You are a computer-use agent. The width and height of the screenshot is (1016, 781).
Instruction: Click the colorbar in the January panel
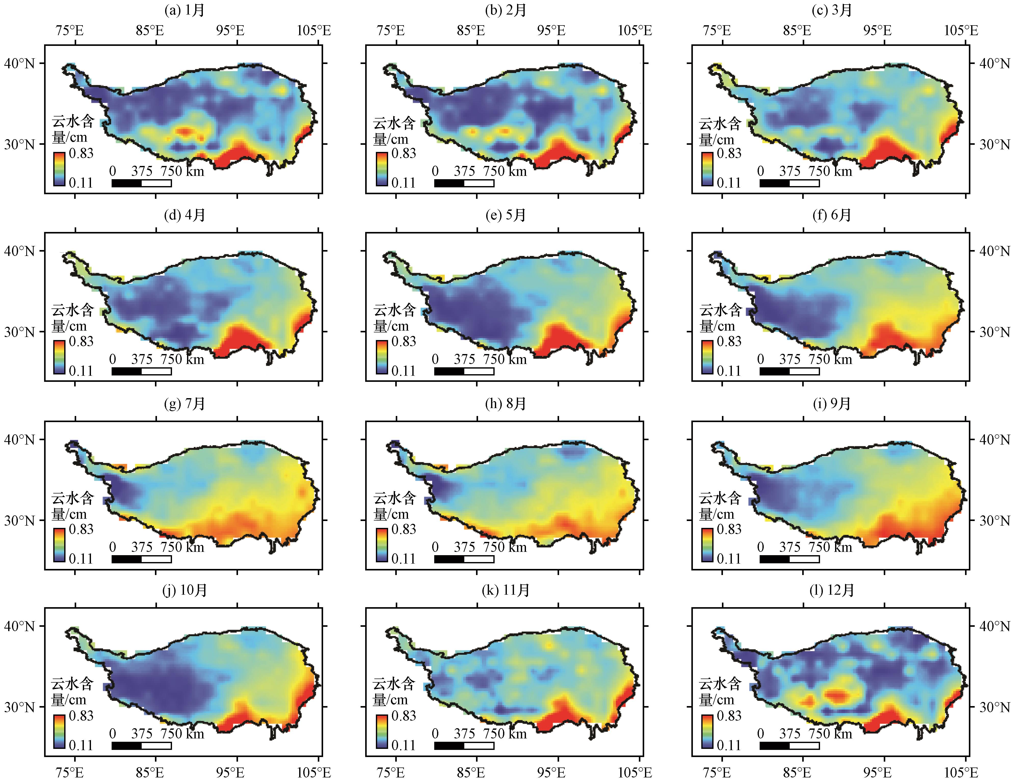pyautogui.click(x=59, y=169)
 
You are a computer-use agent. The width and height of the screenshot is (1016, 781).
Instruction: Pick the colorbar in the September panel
pyautogui.click(x=707, y=545)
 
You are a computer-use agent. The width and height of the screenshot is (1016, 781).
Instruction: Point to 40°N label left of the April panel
pyautogui.click(x=20, y=251)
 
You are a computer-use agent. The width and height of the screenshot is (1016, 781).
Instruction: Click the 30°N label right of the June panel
pyautogui.click(x=995, y=332)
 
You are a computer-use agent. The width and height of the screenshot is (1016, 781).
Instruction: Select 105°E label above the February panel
pyautogui.click(x=635, y=31)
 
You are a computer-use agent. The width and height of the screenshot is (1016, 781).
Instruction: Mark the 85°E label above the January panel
pyautogui.click(x=150, y=31)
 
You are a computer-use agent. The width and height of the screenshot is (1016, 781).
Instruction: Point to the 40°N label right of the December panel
pyautogui.click(x=995, y=626)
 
